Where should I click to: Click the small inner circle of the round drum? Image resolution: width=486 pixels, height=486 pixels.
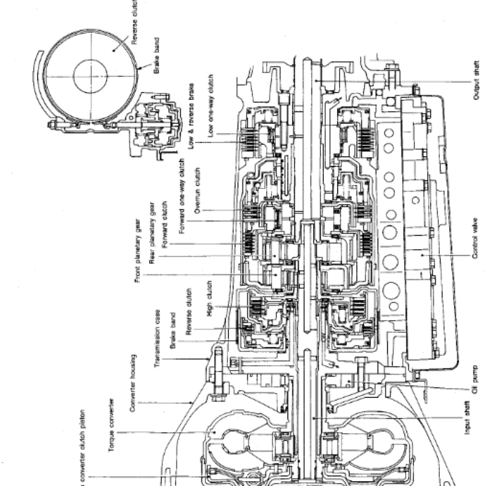[91, 75]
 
